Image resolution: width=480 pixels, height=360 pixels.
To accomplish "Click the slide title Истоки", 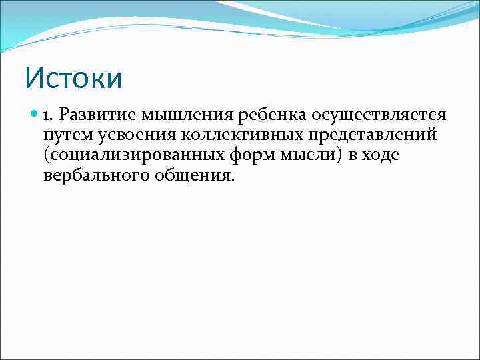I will coord(74,78).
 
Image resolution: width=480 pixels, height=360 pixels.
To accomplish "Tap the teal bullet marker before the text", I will coord(35,115).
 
